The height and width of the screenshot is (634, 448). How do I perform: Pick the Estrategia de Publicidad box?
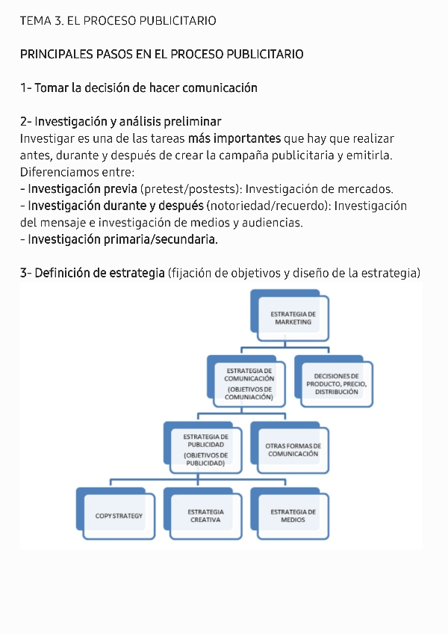tap(205, 449)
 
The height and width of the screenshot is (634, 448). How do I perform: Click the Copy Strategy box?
tap(119, 516)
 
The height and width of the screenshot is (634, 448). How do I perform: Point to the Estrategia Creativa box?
tap(205, 516)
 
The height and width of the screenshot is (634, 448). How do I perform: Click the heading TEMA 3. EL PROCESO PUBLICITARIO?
tap(118, 21)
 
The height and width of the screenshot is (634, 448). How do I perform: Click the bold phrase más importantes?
tap(234, 139)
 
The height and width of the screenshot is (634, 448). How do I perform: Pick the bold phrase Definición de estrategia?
tap(99, 273)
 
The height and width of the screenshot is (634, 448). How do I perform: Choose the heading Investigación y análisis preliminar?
tap(128, 122)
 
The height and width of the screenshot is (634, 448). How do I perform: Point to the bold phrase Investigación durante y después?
tap(115, 206)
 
